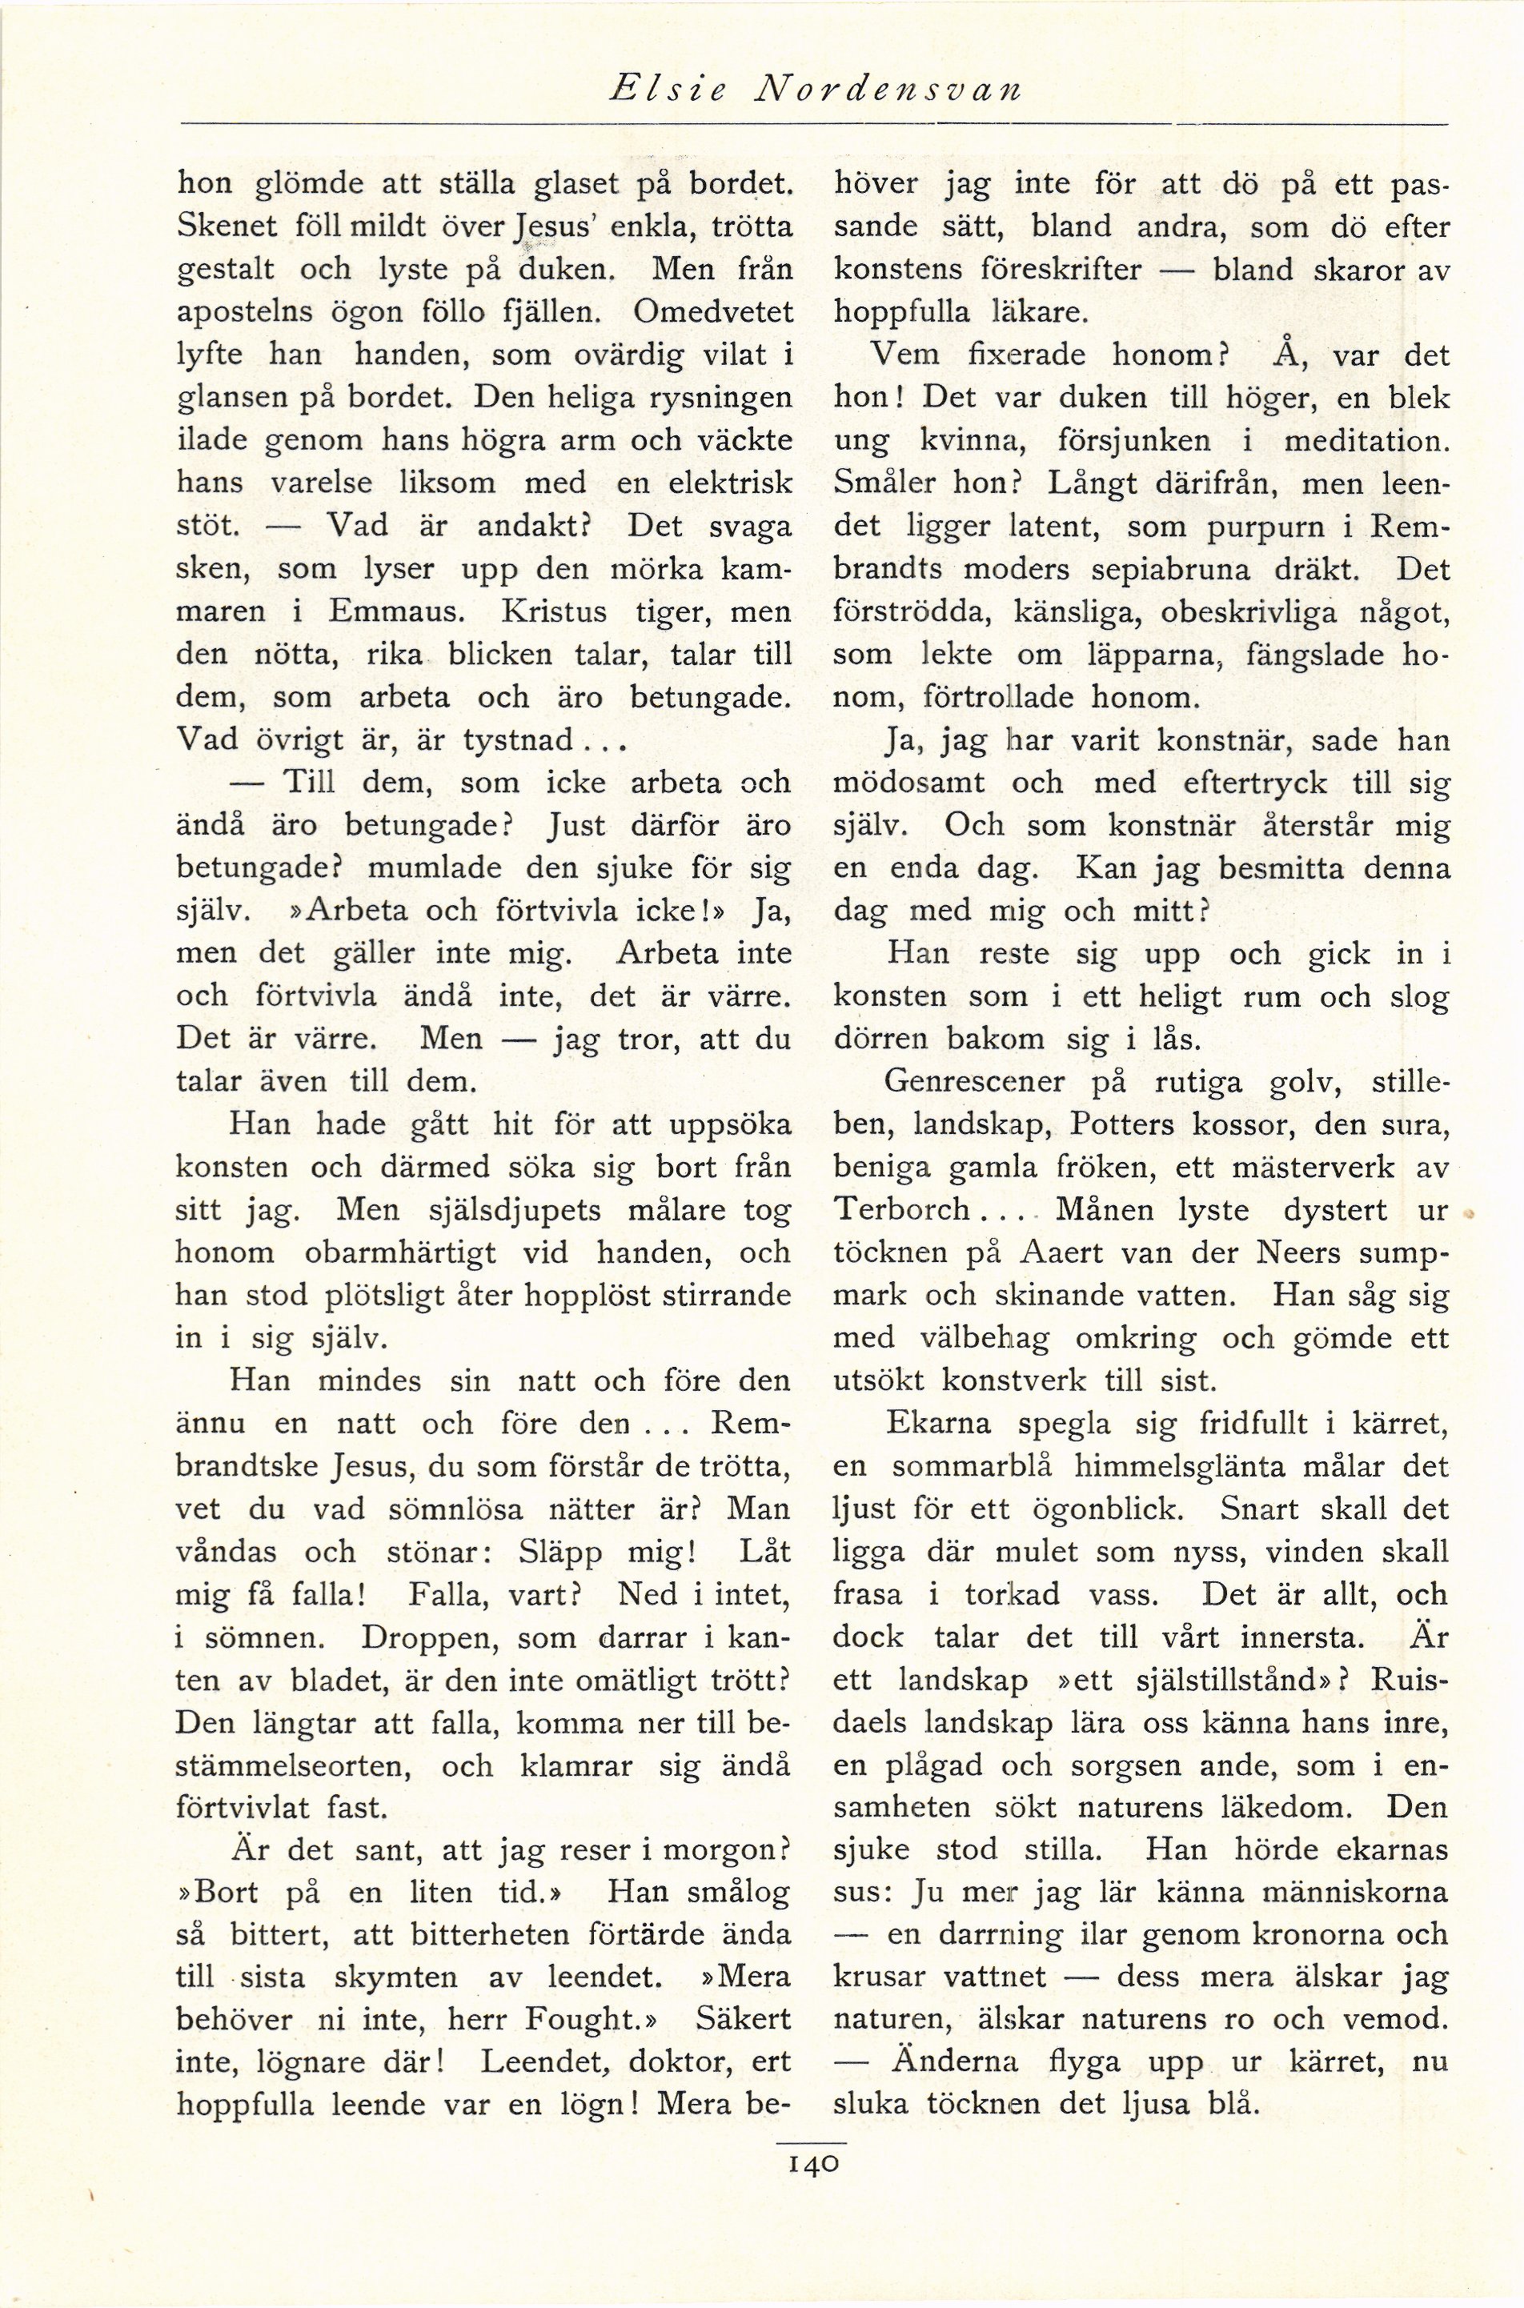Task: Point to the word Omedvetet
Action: tap(712, 312)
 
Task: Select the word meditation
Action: tap(1366, 440)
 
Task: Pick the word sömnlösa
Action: tap(468, 1509)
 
